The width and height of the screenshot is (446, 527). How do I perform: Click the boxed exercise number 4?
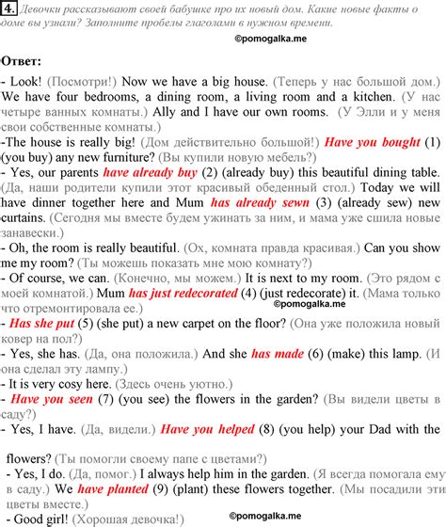8,9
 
